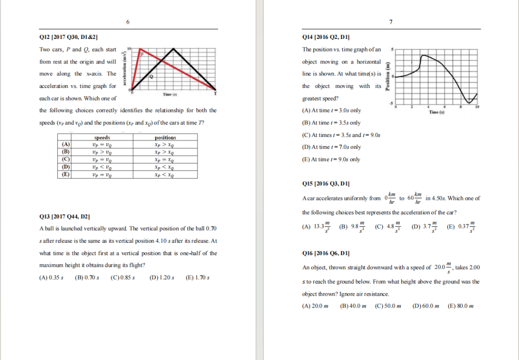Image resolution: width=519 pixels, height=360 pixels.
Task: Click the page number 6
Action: (128, 22)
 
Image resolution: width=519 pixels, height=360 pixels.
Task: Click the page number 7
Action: (391, 22)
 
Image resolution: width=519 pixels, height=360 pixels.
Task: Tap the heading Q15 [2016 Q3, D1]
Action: (325, 184)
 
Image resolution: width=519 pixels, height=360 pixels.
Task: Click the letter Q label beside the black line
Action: (151, 76)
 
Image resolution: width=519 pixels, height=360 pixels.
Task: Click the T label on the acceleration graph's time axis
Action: (215, 93)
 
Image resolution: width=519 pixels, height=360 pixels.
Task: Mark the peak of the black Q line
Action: (174, 50)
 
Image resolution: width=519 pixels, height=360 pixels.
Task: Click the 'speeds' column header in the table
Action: (102, 138)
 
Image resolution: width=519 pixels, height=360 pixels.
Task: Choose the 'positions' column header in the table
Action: (165, 138)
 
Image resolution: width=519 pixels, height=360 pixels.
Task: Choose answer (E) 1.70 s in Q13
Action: (197, 278)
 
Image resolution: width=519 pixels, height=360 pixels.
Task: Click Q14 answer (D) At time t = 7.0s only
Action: (331, 147)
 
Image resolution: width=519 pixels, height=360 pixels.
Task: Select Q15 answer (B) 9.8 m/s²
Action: (352, 226)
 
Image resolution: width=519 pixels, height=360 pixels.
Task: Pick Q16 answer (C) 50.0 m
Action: (388, 306)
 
